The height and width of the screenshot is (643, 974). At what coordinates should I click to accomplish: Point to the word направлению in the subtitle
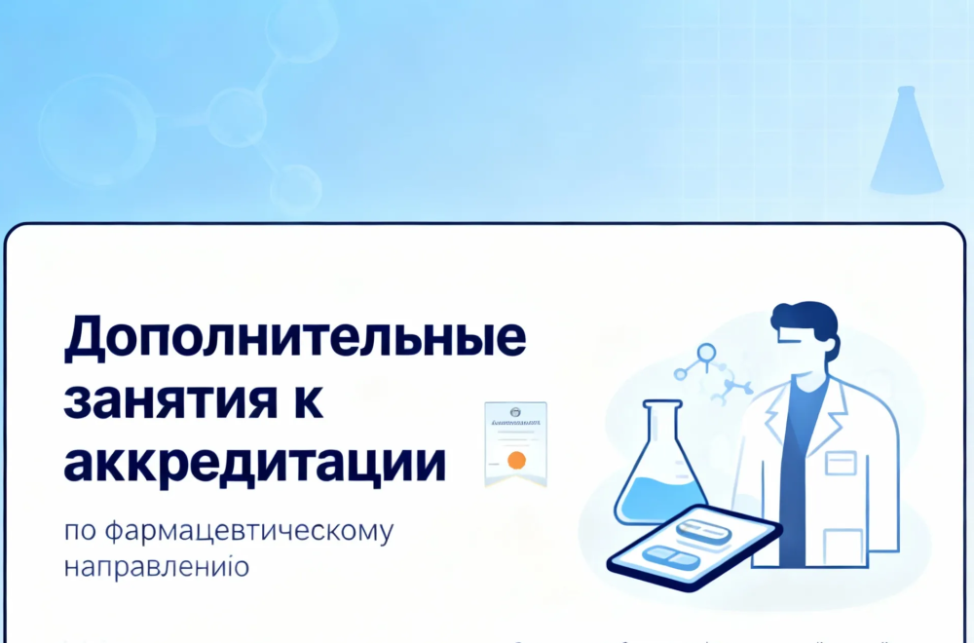(157, 566)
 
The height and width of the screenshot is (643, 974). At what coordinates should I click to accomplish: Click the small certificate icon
(515, 443)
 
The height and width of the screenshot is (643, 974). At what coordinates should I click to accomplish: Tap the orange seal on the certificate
(517, 459)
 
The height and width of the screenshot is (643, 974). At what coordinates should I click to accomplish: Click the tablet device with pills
(693, 546)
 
